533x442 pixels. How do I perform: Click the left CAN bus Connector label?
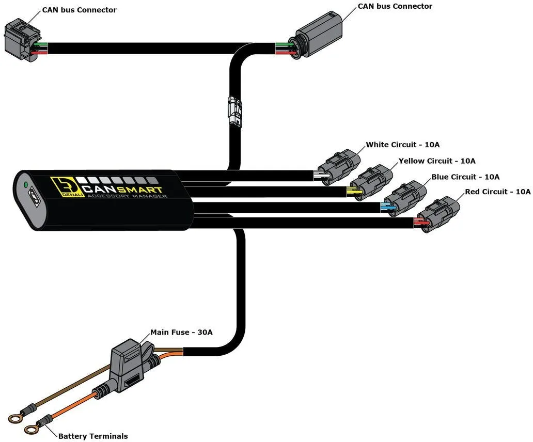point(79,10)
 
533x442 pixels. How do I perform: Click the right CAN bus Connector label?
point(395,6)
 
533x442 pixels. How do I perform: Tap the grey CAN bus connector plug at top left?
point(21,41)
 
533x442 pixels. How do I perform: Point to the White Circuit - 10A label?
point(403,145)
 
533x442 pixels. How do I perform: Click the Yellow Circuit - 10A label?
point(437,161)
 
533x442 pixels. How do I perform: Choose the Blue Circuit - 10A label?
point(465,177)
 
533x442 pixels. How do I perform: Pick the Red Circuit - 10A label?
point(497,192)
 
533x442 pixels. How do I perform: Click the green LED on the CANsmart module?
point(24,184)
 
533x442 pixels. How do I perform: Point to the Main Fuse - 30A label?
point(181,332)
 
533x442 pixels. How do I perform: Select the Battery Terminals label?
point(93,436)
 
